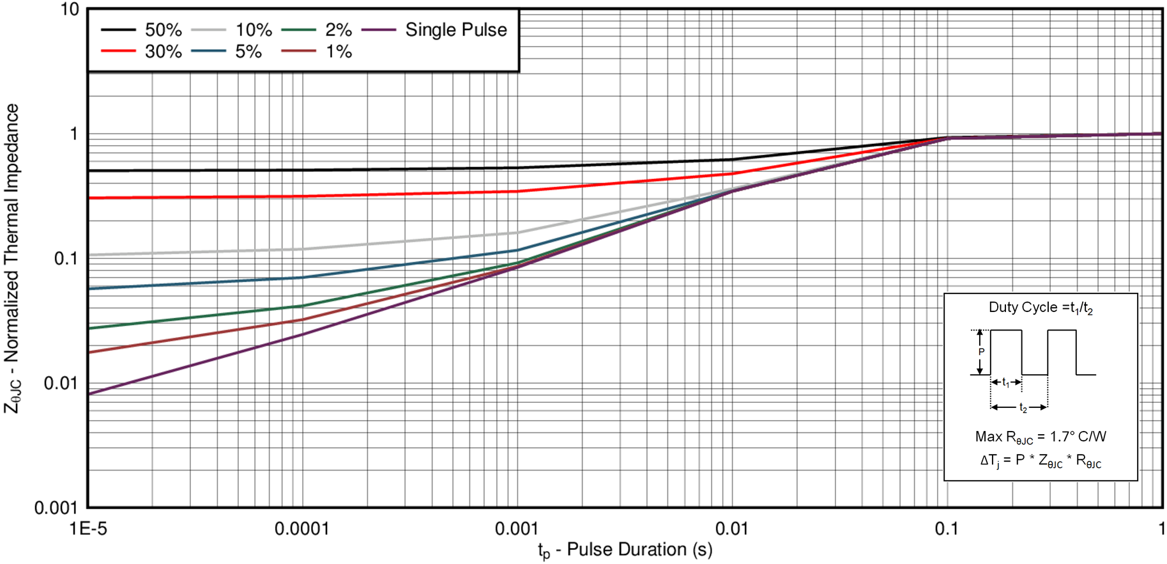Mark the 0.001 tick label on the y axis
point(56,508)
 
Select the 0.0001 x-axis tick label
point(302,529)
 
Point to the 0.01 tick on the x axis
point(731,529)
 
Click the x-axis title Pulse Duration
point(625,549)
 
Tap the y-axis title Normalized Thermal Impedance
point(13,258)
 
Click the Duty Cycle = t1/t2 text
point(1041,308)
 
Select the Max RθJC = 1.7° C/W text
point(1041,437)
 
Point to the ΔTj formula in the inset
point(1041,461)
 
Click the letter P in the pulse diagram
point(982,352)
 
